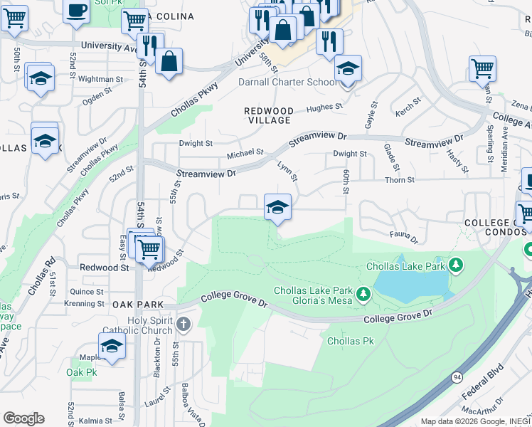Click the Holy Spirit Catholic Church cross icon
pos(183,325)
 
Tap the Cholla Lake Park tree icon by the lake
pos(456,266)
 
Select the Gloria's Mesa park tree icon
pos(363,293)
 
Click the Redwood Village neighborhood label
pos(268,116)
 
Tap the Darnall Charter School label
pos(287,82)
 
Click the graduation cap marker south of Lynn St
pos(277,208)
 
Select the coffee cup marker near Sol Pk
pos(76,10)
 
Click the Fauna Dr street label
pos(403,234)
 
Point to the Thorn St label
pos(400,180)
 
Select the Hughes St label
pos(324,107)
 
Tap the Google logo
pos(23,418)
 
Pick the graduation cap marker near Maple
pos(112,346)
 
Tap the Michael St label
pos(245,153)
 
